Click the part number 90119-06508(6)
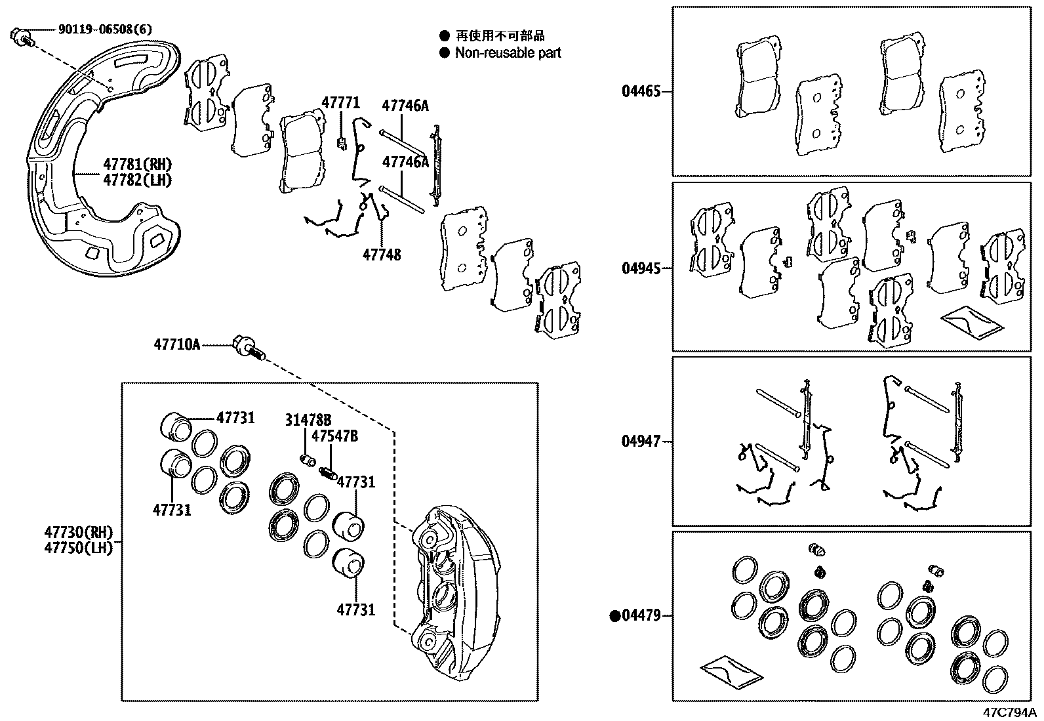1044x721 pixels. point(105,29)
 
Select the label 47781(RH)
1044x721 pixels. point(137,164)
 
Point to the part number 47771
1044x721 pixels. point(340,103)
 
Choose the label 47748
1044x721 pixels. point(382,254)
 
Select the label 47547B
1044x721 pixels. point(334,436)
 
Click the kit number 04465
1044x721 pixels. point(641,91)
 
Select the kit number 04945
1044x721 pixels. point(641,268)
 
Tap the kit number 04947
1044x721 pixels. point(641,442)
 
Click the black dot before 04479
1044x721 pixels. point(614,616)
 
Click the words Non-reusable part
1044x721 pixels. point(508,53)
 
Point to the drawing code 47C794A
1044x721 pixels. point(1009,712)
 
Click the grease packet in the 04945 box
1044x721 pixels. point(971,322)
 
